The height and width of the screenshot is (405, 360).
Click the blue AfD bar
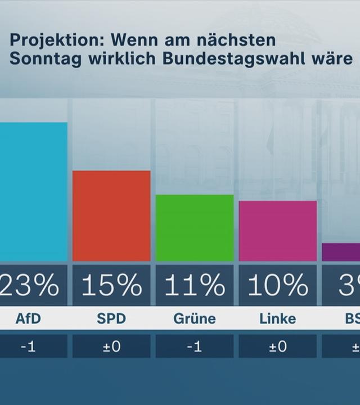pyautogui.click(x=33, y=192)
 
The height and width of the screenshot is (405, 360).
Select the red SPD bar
pyautogui.click(x=111, y=216)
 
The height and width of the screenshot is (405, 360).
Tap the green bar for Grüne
pyautogui.click(x=194, y=228)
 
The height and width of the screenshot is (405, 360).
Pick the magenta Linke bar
pyautogui.click(x=277, y=231)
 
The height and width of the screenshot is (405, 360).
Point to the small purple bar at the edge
pyautogui.click(x=341, y=252)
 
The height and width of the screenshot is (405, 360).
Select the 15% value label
pyautogui.click(x=111, y=286)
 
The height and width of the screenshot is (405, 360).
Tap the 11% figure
pyautogui.click(x=194, y=286)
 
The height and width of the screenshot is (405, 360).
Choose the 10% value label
pyautogui.click(x=277, y=286)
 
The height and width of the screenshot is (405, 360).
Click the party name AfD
pyautogui.click(x=28, y=319)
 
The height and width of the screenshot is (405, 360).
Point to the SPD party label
pyautogui.click(x=111, y=319)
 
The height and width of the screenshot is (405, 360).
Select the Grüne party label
pyautogui.click(x=194, y=319)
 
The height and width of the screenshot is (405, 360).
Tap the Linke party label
pyautogui.click(x=277, y=319)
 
